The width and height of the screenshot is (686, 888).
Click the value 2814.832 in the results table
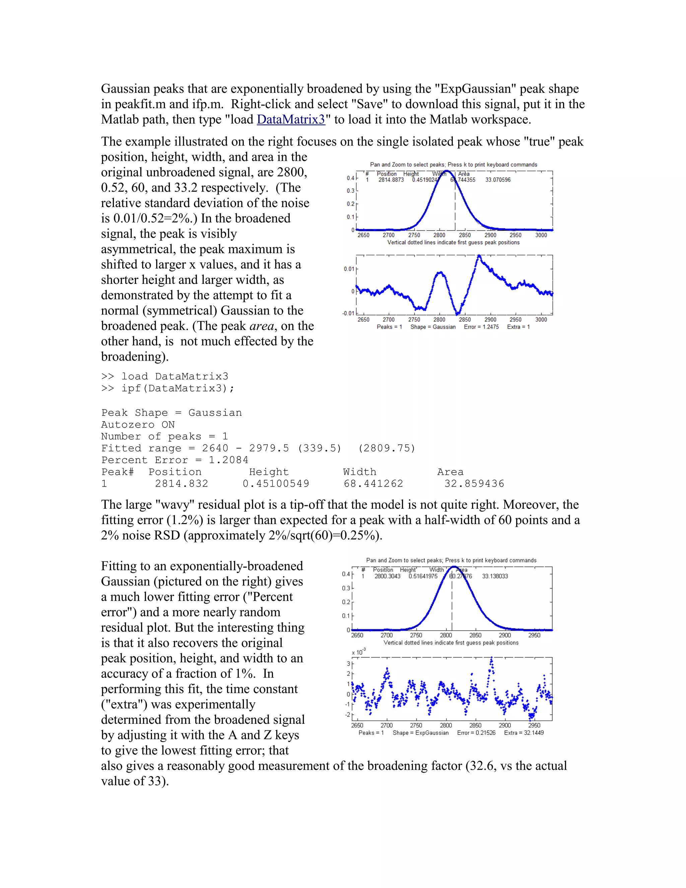181,484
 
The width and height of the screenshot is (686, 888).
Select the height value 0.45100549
276,484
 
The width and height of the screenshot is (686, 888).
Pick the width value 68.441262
373,484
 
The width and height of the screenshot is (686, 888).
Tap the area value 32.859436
474,484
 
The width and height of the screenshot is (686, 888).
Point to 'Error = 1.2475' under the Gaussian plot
481,327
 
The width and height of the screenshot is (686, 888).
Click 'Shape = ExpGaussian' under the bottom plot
421,733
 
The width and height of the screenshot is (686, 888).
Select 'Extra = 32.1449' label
524,733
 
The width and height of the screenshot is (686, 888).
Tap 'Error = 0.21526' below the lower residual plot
476,733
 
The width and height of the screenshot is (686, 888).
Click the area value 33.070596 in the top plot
498,180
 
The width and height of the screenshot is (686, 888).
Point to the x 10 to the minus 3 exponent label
358,652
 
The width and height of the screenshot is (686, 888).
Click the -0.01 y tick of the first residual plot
348,313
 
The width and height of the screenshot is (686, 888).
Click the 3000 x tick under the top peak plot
541,235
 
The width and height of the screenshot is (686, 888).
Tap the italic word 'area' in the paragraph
261,326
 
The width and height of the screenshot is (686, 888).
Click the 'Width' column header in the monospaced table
360,472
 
